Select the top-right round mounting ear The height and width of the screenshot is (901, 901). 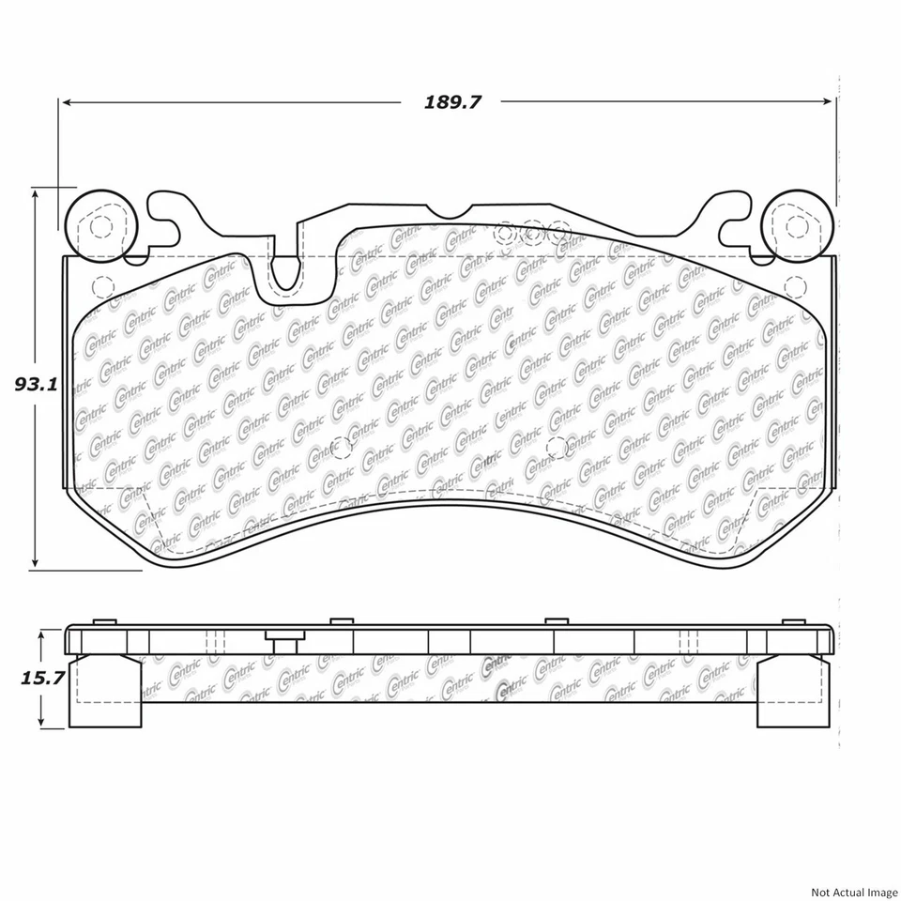click(x=796, y=225)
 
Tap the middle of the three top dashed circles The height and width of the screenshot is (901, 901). click(x=533, y=231)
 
